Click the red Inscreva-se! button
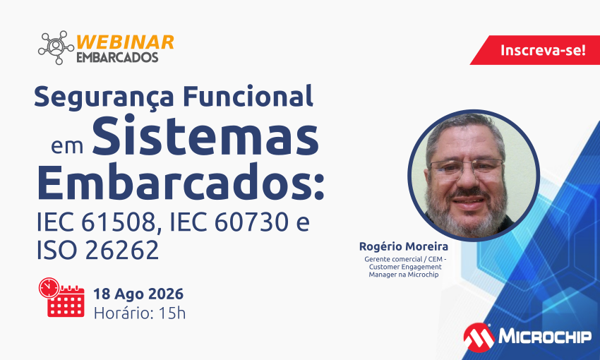(x=536, y=50)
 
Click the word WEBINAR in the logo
(x=125, y=42)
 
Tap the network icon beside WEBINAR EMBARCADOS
(x=56, y=47)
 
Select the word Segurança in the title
(x=104, y=97)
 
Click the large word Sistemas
(x=205, y=136)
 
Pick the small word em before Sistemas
(x=67, y=145)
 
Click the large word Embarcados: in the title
(x=180, y=182)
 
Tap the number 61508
(x=119, y=222)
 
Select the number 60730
(x=251, y=222)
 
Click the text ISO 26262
(x=97, y=250)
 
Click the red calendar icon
(x=61, y=297)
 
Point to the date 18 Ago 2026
(x=138, y=294)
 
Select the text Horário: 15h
(x=140, y=313)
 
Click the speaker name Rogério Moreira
(x=403, y=246)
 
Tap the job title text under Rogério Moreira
(x=404, y=267)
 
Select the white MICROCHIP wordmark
(x=545, y=337)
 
